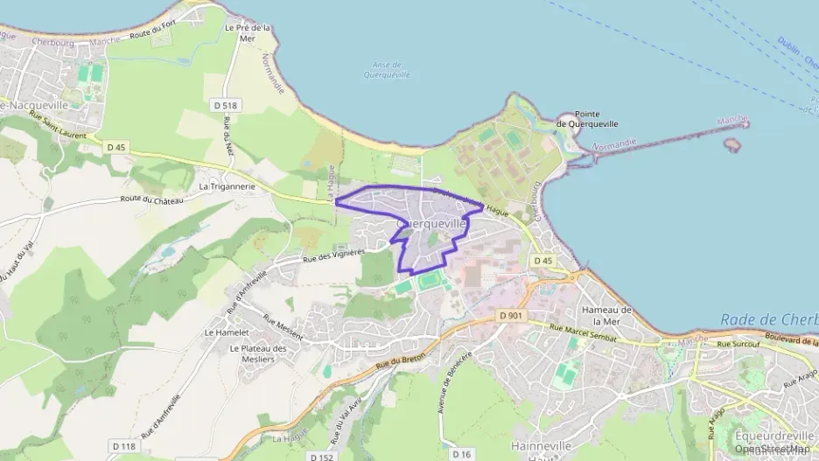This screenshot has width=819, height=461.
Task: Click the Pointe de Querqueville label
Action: pos(587,120)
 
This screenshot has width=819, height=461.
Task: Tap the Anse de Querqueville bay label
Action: pos(386,70)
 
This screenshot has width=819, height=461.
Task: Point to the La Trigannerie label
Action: pos(227,185)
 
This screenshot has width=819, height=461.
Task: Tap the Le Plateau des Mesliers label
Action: pos(258,353)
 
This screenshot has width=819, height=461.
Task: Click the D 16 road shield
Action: pos(461,454)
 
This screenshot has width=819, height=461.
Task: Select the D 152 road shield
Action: pos(321,456)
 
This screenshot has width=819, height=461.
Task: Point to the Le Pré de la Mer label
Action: pos(248,32)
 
